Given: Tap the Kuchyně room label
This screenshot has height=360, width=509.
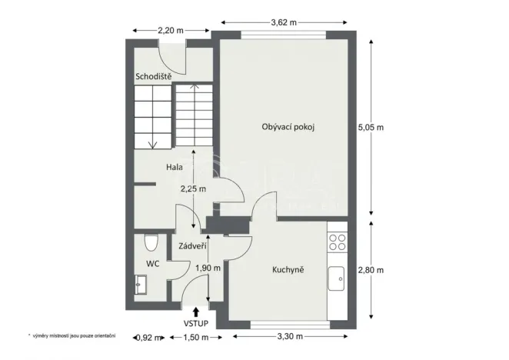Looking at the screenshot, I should (289, 270).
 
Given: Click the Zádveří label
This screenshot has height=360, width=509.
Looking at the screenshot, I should (191, 247).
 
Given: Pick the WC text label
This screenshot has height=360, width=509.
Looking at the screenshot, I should (153, 263).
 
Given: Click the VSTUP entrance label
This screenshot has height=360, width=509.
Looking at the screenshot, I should (197, 325).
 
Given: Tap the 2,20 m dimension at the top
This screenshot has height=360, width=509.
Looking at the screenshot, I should (170, 31).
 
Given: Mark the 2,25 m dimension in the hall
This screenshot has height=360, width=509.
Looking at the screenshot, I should (193, 188).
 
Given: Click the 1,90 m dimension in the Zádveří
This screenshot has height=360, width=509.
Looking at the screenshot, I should (208, 268).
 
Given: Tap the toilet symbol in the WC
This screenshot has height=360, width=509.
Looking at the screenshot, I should (151, 244).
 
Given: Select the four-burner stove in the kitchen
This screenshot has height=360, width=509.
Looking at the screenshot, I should (337, 242).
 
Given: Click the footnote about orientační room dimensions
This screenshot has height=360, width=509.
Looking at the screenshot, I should (72, 336).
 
